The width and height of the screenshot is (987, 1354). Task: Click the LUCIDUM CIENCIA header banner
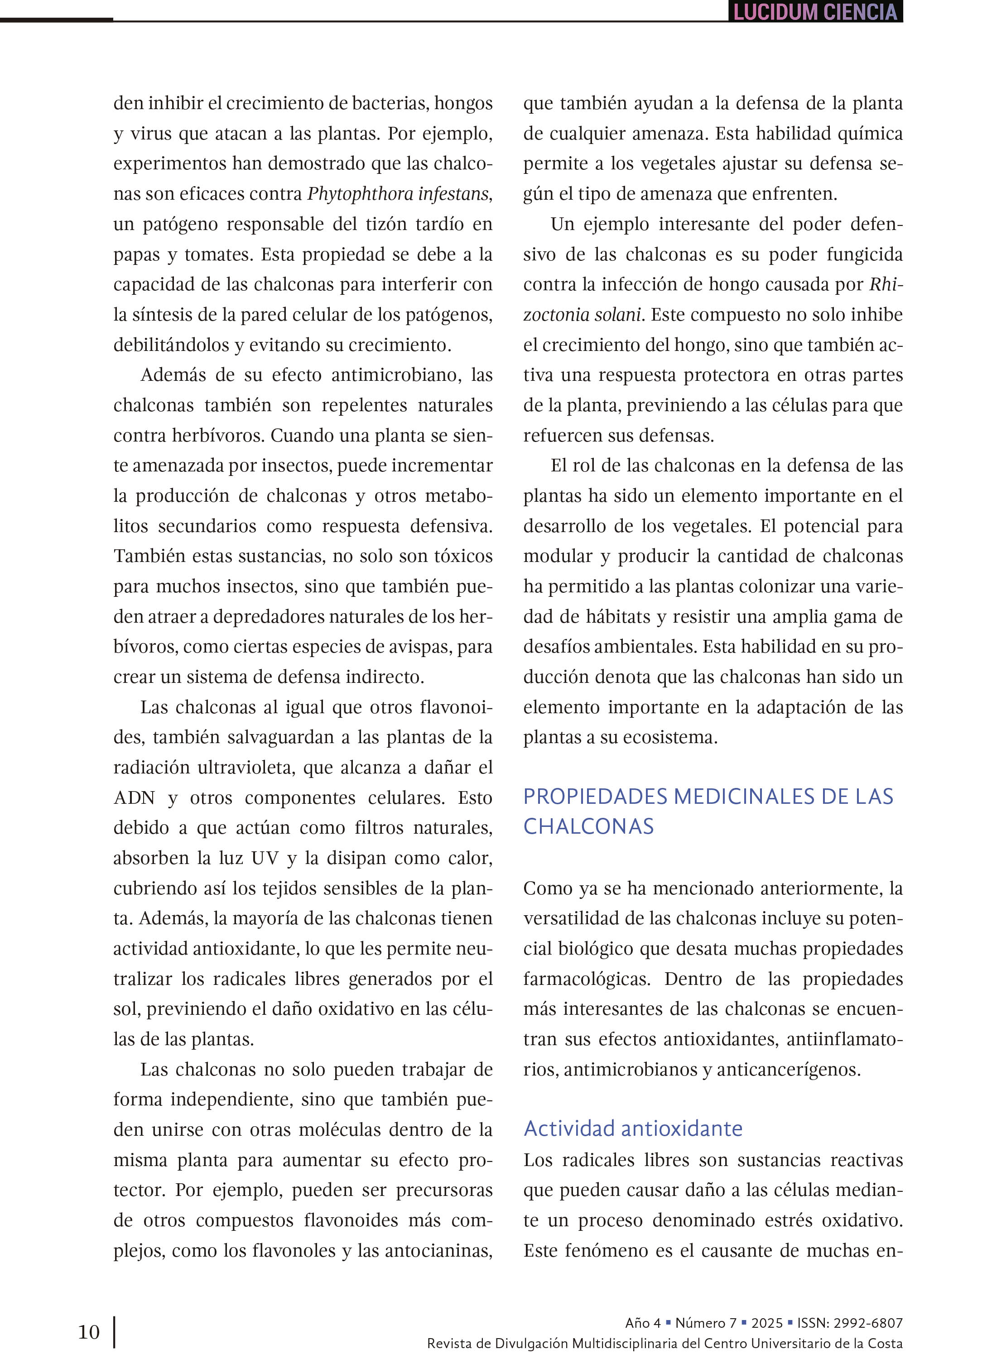click(x=815, y=12)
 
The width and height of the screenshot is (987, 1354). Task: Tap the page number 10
click(x=89, y=1331)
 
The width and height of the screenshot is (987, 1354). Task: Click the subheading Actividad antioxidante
click(x=633, y=1128)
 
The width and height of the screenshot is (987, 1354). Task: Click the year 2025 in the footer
click(x=766, y=1322)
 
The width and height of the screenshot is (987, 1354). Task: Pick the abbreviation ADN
click(x=135, y=797)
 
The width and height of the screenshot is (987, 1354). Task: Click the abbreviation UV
click(x=265, y=858)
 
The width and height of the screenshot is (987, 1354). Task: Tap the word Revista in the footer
click(x=448, y=1343)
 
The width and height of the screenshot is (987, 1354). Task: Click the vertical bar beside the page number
click(x=114, y=1332)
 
